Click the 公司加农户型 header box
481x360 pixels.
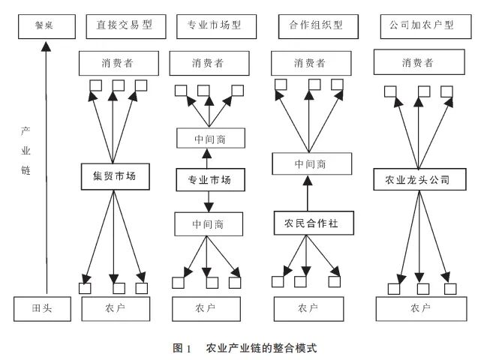[x=416, y=25]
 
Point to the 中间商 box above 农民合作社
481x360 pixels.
[x=311, y=163]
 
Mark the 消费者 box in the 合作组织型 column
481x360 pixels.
[x=311, y=63]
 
